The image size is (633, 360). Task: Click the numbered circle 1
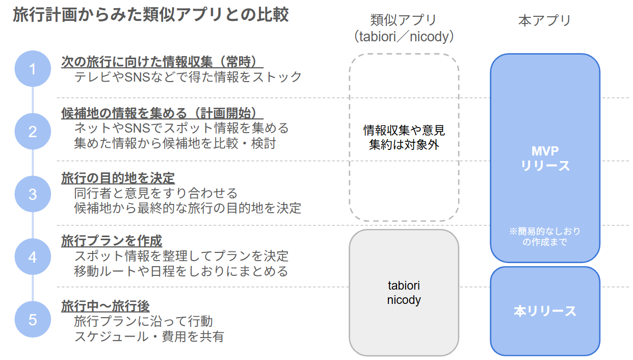click(33, 69)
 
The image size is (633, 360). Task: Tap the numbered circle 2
click(33, 132)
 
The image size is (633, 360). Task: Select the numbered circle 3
click(33, 194)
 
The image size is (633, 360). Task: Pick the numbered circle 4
click(33, 257)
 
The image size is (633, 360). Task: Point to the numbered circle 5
click(33, 320)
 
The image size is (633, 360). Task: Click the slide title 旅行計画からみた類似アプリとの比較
click(150, 15)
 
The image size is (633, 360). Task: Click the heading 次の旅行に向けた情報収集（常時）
click(162, 62)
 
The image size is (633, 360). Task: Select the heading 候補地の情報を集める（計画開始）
click(162, 113)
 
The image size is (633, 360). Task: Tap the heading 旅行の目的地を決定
click(118, 178)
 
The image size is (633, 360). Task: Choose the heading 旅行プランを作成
click(112, 240)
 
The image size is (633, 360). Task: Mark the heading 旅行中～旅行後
click(106, 306)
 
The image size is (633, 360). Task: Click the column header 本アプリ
click(544, 20)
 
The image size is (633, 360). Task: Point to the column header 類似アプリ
click(404, 20)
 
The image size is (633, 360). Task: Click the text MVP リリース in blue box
click(545, 159)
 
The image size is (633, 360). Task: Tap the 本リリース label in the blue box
click(545, 311)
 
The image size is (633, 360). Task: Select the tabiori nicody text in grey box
click(404, 293)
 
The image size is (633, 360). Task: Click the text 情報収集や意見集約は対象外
click(404, 137)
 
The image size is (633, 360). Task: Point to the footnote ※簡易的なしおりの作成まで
click(545, 237)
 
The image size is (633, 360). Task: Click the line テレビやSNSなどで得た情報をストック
click(188, 77)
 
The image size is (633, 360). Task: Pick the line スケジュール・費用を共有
click(149, 337)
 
